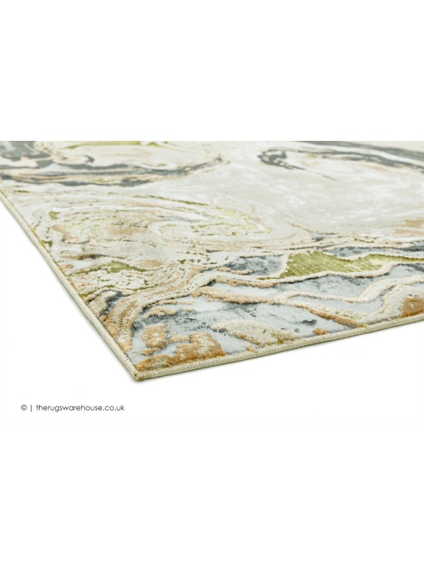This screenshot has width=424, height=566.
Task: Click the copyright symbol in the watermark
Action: point(24,408)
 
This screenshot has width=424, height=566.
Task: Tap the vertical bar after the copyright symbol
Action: point(30,408)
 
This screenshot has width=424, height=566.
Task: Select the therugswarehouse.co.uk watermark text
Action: point(79,408)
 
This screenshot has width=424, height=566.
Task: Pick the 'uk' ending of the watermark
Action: point(120,408)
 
